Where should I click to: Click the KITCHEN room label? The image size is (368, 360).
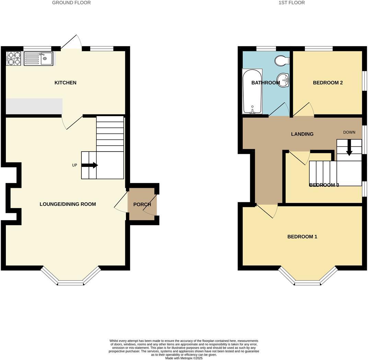(x=65, y=82)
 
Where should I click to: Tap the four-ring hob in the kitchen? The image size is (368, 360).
(x=14, y=58)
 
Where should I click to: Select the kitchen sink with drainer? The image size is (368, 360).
(x=38, y=58)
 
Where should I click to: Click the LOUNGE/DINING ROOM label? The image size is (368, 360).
(x=68, y=204)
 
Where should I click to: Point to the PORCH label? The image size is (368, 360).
(x=142, y=204)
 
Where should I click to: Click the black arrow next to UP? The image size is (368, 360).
(x=89, y=165)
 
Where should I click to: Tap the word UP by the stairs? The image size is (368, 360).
(x=74, y=165)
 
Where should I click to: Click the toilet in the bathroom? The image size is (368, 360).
(x=282, y=60)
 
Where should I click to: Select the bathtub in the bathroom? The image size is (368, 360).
(x=252, y=91)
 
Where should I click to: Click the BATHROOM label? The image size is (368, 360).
(x=265, y=83)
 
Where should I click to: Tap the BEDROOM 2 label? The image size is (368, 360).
(x=328, y=82)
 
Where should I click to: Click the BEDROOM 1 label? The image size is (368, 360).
(x=302, y=237)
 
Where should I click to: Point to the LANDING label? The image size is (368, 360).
(x=302, y=134)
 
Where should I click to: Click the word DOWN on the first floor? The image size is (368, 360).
(x=349, y=132)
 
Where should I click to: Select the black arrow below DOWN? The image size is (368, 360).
(x=349, y=148)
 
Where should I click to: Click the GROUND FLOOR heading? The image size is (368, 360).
(x=71, y=3)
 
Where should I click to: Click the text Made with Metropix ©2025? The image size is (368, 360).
(x=184, y=358)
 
